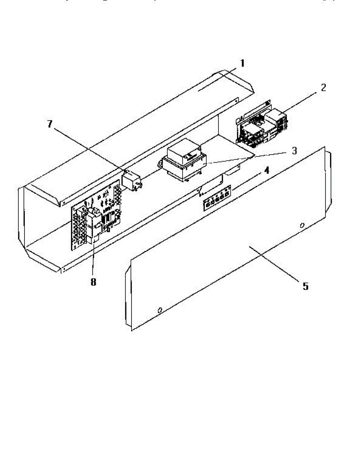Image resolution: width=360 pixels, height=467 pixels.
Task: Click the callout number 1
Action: [242, 63]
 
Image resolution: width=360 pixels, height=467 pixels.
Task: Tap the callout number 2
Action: [324, 87]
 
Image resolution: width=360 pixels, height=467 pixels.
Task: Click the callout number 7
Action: [49, 124]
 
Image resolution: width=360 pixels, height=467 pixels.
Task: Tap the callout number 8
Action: [93, 282]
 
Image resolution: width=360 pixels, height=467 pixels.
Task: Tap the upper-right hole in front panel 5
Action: [302, 226]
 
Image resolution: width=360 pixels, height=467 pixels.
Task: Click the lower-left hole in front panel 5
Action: [159, 310]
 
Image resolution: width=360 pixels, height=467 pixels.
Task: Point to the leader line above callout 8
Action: [93, 261]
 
